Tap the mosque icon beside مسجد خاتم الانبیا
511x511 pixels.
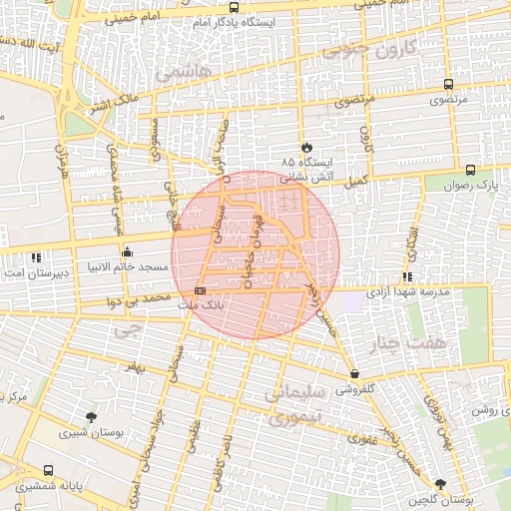pos(127,252)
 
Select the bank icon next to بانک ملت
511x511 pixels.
pos(200,290)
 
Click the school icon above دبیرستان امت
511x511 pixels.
pos(37,256)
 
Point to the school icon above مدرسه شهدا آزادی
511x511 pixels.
pos(407,276)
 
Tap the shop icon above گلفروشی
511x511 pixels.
pos(354,374)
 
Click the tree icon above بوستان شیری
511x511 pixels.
pos(92,417)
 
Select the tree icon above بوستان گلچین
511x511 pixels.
pos(441,483)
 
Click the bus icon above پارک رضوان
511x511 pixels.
pos(470,170)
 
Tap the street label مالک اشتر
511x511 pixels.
pos(111,104)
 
